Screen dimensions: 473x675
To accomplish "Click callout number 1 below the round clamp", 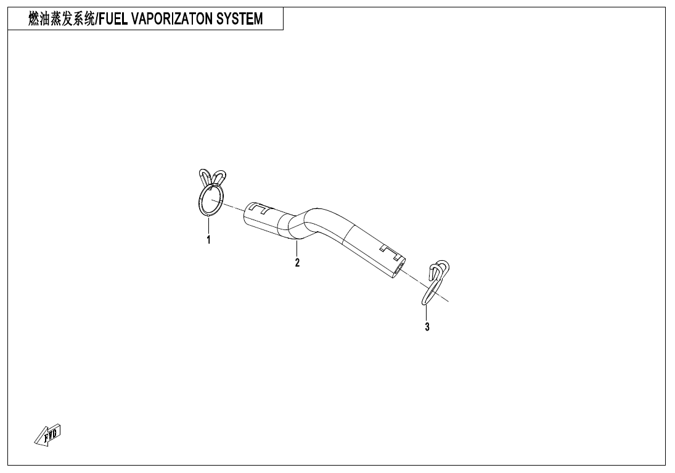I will click(x=208, y=240).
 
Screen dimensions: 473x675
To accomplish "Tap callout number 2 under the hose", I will click(x=297, y=263).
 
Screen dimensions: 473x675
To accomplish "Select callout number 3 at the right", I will click(x=427, y=327).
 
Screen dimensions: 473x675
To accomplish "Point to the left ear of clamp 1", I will click(x=205, y=176).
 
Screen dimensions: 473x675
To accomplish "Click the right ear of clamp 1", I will click(x=219, y=178).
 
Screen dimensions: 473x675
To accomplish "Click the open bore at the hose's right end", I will click(x=401, y=267).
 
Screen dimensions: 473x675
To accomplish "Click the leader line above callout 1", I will click(x=208, y=225).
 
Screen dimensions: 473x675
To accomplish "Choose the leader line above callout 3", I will click(x=427, y=312).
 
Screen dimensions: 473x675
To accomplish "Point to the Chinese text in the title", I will click(x=60, y=19).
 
